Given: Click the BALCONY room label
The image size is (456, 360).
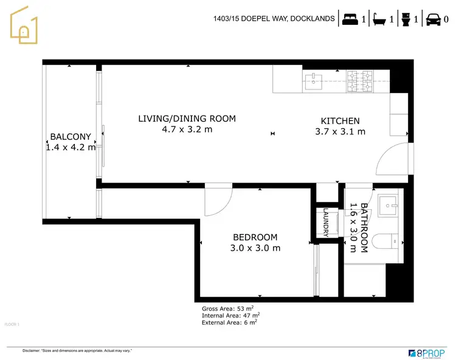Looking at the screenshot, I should pyautogui.click(x=71, y=137).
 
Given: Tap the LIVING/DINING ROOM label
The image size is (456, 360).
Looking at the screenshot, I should pyautogui.click(x=187, y=119).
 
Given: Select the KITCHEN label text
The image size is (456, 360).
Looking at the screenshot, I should pyautogui.click(x=340, y=121).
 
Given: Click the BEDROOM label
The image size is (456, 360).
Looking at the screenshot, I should pyautogui.click(x=255, y=237).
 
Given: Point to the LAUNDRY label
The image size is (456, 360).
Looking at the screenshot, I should pyautogui.click(x=326, y=223).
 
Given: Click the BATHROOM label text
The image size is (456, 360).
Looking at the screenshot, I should pyautogui.click(x=363, y=227).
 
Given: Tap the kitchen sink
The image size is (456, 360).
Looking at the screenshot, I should pyautogui.click(x=314, y=81).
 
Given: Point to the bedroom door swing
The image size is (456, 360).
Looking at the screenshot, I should pyautogui.click(x=218, y=200).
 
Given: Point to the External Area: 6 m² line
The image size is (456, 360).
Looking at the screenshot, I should pyautogui.click(x=229, y=322).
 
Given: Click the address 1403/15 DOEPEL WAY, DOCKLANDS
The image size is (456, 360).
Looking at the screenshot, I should pyautogui.click(x=274, y=19).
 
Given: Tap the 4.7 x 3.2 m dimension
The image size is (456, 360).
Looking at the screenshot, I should pyautogui.click(x=187, y=129).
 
